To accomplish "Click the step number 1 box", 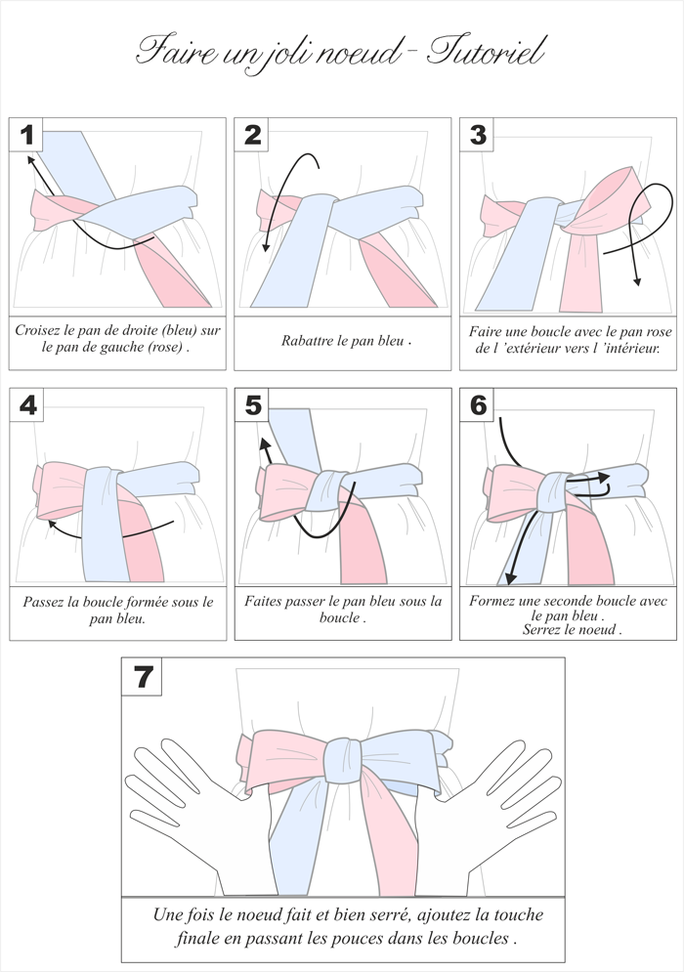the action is (26, 135).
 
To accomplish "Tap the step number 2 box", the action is (251, 135).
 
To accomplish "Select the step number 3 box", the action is (477, 135).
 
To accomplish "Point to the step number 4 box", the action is (26, 404).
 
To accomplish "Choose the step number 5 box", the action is (252, 404).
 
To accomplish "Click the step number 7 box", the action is (142, 676).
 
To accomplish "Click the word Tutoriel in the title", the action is (487, 51).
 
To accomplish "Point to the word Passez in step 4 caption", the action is (43, 602).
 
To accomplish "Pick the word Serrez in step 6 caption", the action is (542, 630).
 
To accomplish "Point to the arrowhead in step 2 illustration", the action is (266, 247).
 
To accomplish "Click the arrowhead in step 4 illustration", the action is (52, 524).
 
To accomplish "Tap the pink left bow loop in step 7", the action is (282, 759).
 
